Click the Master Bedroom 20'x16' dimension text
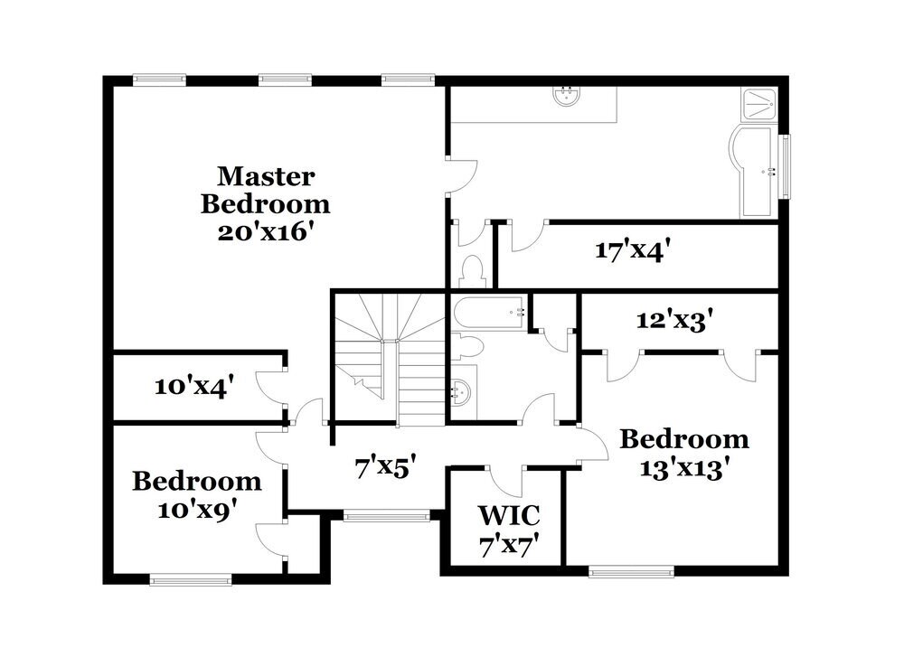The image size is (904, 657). click(265, 232)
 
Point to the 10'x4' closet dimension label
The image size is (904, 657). click(194, 386)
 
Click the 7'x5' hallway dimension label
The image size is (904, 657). click(385, 467)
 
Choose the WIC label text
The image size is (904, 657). click(509, 514)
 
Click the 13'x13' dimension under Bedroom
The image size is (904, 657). click(681, 469)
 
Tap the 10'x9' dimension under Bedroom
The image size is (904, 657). click(198, 510)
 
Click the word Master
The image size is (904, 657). click(266, 176)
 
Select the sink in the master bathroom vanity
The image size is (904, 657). click(566, 96)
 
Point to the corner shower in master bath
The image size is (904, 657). click(759, 104)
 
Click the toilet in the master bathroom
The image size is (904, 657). click(472, 271)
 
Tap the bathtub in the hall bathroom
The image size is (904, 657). click(489, 313)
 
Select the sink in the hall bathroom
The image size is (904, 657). click(461, 393)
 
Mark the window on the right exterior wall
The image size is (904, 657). click(785, 165)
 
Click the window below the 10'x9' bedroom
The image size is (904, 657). click(191, 579)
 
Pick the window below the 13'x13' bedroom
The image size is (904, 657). click(631, 571)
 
